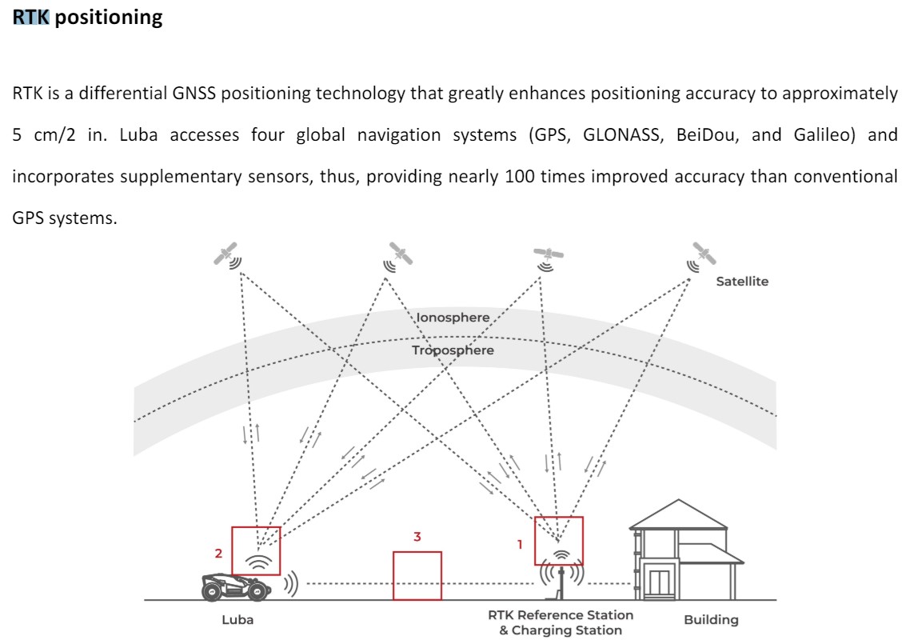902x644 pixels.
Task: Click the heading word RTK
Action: pyautogui.click(x=31, y=18)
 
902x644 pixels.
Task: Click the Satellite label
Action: pyautogui.click(x=742, y=282)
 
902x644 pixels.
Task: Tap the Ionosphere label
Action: pyautogui.click(x=453, y=318)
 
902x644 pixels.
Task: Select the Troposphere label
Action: pyautogui.click(x=453, y=350)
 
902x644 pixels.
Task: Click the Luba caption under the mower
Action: pyautogui.click(x=237, y=620)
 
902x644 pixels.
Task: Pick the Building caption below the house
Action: pyautogui.click(x=711, y=620)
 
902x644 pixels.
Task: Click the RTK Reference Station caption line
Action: pyautogui.click(x=561, y=614)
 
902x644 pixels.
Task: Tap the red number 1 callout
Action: pyautogui.click(x=520, y=545)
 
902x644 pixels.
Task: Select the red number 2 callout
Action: pyautogui.click(x=218, y=554)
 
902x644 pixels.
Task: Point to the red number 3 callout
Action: pyautogui.click(x=417, y=537)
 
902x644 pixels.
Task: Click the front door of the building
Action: pyautogui.click(x=659, y=584)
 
